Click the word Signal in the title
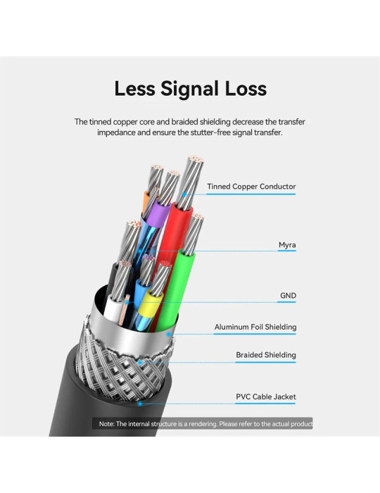click(190, 89)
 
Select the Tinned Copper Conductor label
click(251, 187)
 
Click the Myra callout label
click(287, 245)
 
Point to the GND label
click(288, 296)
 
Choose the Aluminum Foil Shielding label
click(255, 327)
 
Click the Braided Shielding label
click(266, 355)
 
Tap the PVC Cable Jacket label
click(266, 397)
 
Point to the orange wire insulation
click(146, 201)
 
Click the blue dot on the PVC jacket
click(140, 404)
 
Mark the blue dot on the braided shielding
click(140, 363)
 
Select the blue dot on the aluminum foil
click(169, 335)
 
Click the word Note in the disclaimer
click(106, 424)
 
